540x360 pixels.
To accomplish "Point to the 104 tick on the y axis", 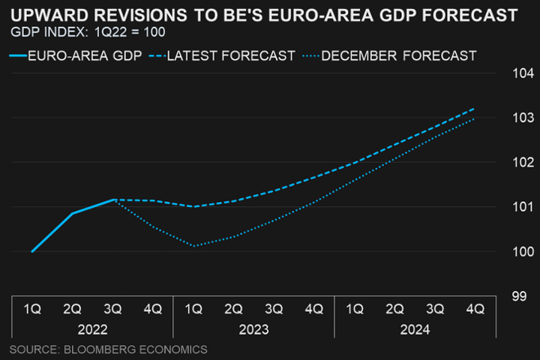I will click(523, 73).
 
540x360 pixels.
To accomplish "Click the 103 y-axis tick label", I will click(523, 118).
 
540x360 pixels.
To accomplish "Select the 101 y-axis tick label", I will click(523, 207).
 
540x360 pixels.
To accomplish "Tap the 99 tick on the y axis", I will click(519, 295).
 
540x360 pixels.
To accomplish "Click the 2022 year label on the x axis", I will click(92, 328).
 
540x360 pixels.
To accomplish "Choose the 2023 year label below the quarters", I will click(253, 328).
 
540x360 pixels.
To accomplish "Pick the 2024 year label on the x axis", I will click(415, 328).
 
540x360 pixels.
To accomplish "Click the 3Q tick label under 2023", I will click(274, 308).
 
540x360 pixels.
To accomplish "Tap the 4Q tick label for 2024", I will click(474, 308).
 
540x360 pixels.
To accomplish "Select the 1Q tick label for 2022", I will click(32, 308).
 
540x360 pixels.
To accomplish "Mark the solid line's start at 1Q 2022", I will click(32, 251).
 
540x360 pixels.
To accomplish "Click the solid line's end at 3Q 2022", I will click(112, 200).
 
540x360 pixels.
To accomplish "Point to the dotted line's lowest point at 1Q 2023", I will click(193, 246).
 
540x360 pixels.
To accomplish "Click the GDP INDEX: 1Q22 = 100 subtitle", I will click(88, 32).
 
